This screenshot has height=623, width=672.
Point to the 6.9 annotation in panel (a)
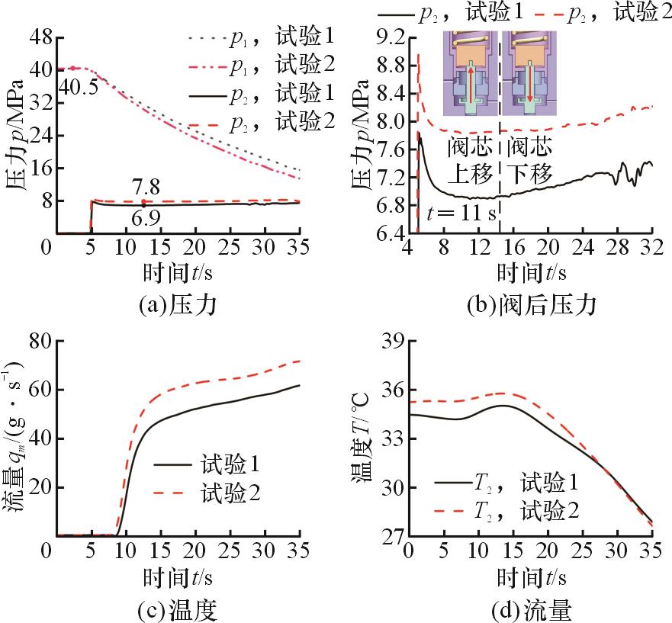point(145,219)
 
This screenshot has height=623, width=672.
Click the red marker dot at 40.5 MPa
point(73,69)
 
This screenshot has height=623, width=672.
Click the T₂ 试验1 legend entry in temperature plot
point(506,483)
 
